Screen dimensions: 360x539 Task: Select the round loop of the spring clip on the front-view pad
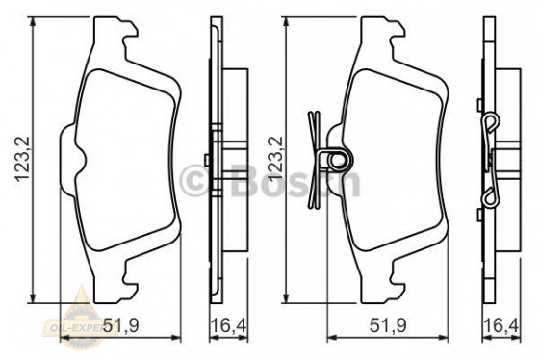pos(335,156)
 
